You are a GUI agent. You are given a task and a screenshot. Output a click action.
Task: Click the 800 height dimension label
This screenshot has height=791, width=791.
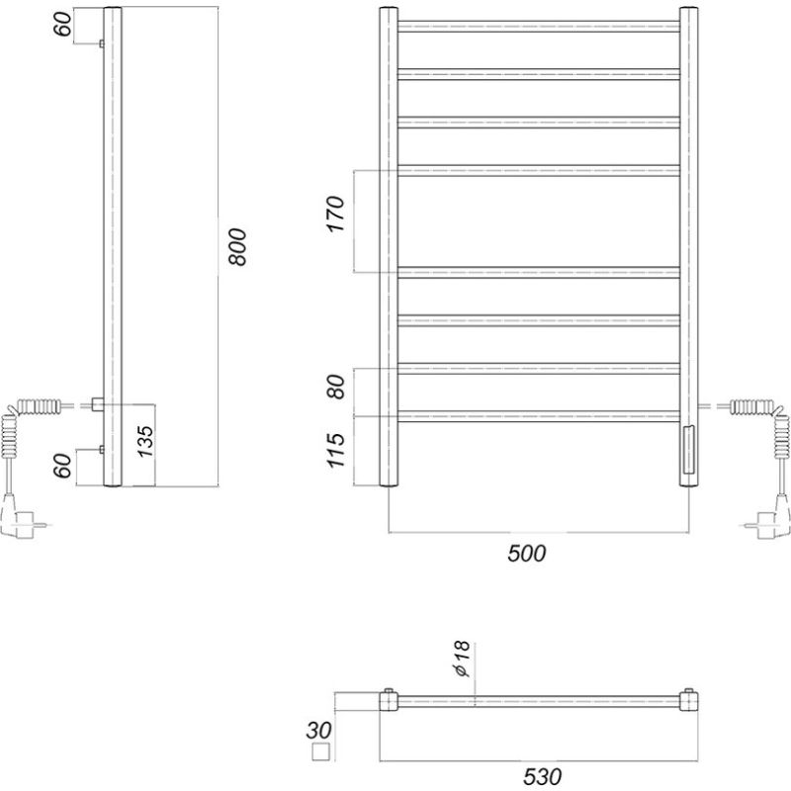tap(236, 247)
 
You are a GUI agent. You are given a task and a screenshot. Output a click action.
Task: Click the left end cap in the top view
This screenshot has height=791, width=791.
tap(390, 701)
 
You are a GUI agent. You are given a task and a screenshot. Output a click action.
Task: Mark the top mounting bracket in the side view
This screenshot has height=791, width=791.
tap(102, 44)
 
